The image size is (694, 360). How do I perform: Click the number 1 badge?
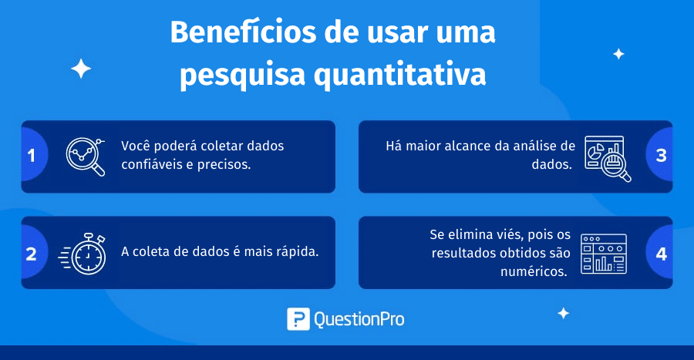coord(32,155)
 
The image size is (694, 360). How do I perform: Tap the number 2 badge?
coord(32,254)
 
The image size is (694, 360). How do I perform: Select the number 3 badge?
coord(660,155)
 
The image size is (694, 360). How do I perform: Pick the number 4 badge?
coord(660,254)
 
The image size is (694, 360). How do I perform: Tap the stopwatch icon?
coord(83,254)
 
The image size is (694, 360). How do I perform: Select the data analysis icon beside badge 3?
coord(608,159)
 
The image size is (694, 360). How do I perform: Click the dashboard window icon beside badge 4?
coord(604,254)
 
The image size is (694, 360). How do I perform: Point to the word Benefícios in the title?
coord(244,32)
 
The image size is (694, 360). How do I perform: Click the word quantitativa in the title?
coord(400,75)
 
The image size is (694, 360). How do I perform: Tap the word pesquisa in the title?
coord(243,75)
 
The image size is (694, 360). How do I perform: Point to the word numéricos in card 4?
coord(534,271)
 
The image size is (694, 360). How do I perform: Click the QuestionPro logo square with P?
coord(298,319)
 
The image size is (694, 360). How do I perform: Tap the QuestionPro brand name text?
coord(359,320)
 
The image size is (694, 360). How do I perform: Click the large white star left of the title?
coord(81,69)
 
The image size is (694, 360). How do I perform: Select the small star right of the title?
coord(618,54)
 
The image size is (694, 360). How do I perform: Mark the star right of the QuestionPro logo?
coord(564,313)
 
